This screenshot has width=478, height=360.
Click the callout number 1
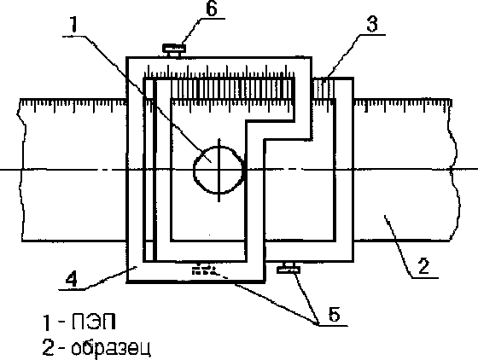(x=73, y=24)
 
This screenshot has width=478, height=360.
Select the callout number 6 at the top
(x=212, y=9)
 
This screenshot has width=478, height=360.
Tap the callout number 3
(x=372, y=24)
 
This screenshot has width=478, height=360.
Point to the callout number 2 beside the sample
(x=423, y=266)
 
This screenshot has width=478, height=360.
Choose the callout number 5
(x=335, y=313)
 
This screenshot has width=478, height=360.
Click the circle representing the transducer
(x=219, y=171)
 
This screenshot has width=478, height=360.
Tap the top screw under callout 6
(x=174, y=50)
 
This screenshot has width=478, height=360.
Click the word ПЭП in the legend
(x=94, y=322)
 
